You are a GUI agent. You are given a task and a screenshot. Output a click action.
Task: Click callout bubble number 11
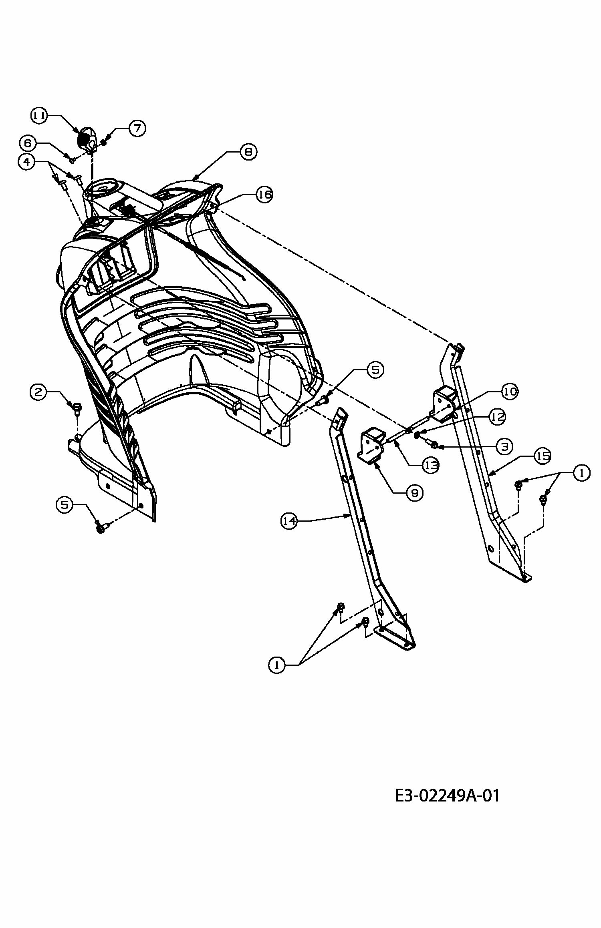(39, 116)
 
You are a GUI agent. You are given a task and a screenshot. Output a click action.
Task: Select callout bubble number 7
(137, 129)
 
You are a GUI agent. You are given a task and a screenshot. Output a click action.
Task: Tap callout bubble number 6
(28, 143)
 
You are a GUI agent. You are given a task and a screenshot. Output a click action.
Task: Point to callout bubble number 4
(26, 162)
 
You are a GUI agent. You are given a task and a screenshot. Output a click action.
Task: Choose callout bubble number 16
(264, 195)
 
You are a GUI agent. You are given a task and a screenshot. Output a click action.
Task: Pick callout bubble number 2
(38, 392)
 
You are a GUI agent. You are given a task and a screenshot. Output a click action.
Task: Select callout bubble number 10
(510, 392)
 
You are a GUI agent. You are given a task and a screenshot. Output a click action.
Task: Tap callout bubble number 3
(504, 446)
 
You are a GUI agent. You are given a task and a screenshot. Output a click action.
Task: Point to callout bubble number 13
(430, 466)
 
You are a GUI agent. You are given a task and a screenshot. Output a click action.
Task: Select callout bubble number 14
(289, 521)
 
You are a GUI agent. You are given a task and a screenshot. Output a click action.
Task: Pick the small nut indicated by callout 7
(104, 142)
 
